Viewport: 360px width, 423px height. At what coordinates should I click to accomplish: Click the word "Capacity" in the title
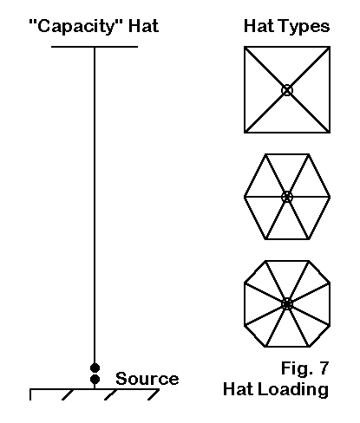(x=76, y=27)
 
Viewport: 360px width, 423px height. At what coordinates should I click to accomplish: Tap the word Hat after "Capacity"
(x=144, y=26)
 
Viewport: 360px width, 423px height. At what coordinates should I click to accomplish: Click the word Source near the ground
(x=147, y=379)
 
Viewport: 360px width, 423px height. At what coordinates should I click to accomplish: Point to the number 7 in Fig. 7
(x=323, y=368)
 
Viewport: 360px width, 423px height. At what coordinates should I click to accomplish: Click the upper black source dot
(x=95, y=368)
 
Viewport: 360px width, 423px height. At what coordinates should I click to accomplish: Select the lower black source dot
(x=95, y=379)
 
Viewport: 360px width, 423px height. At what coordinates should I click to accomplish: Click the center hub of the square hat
(x=287, y=90)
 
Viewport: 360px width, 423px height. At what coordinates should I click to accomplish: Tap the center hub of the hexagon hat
(x=287, y=197)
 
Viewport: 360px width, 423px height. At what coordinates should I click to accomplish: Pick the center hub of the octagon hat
(x=287, y=304)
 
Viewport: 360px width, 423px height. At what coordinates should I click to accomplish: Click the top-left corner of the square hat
(x=245, y=47)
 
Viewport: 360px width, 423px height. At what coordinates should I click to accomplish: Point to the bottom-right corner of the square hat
(x=330, y=133)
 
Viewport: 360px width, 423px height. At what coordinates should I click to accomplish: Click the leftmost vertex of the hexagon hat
(x=245, y=197)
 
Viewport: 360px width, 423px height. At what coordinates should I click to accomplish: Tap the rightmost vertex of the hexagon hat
(x=330, y=197)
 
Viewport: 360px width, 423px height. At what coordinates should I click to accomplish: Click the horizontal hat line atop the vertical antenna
(x=95, y=47)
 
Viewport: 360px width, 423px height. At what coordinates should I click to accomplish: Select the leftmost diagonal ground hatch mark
(x=68, y=394)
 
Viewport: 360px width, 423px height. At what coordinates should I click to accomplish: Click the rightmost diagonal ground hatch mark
(x=154, y=394)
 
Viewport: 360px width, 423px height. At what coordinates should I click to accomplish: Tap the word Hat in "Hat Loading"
(x=239, y=389)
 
